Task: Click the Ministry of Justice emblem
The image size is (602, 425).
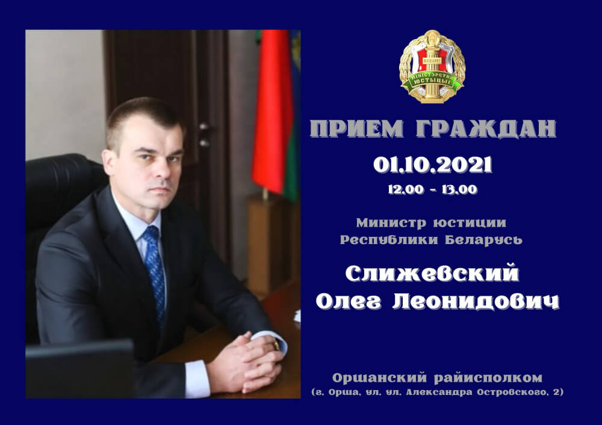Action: [432, 67]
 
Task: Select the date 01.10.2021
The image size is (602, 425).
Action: [432, 164]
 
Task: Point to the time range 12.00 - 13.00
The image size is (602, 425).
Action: [432, 189]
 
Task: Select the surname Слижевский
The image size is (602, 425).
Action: [432, 274]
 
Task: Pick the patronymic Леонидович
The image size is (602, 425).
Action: [476, 302]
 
